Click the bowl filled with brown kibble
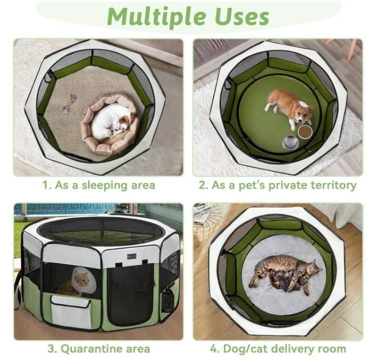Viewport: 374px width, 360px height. coord(305,132)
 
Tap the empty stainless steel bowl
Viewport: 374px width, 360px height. coord(291,142)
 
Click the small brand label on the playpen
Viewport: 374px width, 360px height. coord(131,256)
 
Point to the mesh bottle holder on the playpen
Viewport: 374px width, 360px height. coord(167,301)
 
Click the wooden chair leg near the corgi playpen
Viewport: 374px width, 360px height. coord(353,49)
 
